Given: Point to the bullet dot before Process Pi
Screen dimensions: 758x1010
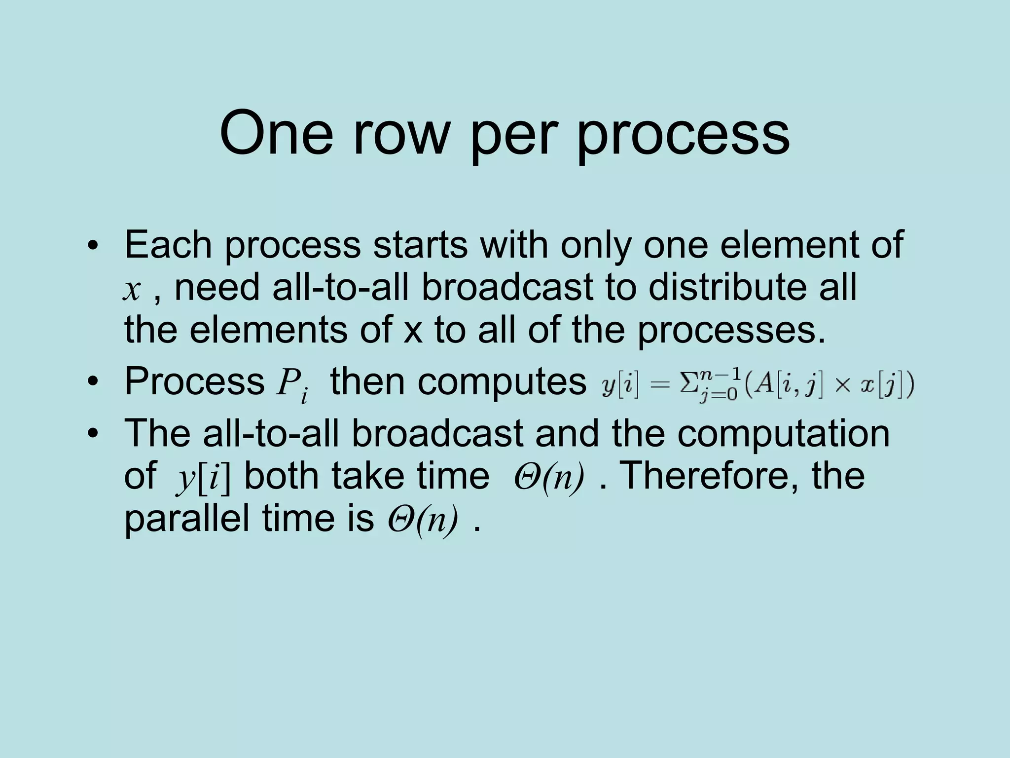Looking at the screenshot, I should click(x=92, y=382).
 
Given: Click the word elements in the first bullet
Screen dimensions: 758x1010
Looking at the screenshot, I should click(x=268, y=330).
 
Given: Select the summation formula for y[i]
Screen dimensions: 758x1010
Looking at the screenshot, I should click(x=757, y=385).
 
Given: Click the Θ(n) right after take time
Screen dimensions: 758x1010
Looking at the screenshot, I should click(x=548, y=477).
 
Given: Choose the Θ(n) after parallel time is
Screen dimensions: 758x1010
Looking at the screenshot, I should click(x=422, y=520).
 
